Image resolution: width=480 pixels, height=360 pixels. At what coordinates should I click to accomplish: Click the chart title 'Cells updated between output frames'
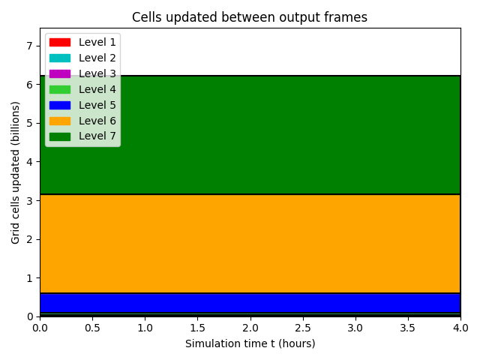250,17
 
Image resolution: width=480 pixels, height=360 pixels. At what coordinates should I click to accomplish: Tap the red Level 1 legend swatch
60,42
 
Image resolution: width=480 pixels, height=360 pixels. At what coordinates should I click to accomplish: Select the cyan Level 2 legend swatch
60,58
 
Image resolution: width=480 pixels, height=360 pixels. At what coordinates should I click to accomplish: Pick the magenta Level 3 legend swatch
60,73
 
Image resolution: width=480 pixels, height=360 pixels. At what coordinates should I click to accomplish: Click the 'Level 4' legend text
97,89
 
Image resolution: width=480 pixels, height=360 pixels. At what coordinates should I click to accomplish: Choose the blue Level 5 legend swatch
60,105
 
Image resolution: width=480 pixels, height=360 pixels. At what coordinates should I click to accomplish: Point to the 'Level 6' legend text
97,121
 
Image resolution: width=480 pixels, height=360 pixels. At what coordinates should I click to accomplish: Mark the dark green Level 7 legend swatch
60,136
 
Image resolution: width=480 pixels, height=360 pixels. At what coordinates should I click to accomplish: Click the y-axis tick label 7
29,46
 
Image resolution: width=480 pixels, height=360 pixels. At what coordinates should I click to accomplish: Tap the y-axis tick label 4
29,162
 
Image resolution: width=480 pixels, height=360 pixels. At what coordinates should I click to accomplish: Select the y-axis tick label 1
29,278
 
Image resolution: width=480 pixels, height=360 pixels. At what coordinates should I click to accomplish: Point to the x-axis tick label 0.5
92,328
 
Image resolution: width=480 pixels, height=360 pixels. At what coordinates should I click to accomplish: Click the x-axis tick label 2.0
250,328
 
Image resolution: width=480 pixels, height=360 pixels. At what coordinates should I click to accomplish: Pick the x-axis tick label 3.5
408,328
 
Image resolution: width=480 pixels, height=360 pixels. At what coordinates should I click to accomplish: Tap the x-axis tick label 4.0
460,328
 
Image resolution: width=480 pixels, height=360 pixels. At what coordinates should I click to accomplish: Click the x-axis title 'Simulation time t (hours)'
250,343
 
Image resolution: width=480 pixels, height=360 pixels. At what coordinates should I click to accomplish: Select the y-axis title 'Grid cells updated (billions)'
15,172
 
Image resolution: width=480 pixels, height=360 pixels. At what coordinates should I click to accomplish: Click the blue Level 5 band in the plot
250,303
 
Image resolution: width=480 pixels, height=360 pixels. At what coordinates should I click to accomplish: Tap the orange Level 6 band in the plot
250,244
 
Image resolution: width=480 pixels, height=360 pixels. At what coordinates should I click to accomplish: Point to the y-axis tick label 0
29,316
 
